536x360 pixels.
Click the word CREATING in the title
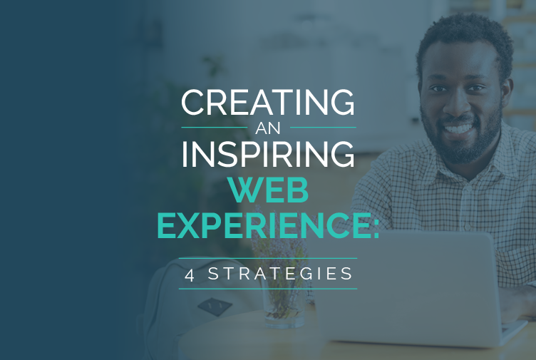[x=268, y=102]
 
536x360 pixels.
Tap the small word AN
[x=268, y=128]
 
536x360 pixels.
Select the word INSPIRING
[x=268, y=154]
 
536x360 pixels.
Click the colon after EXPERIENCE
[x=376, y=227]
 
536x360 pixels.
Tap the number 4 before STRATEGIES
[x=190, y=275]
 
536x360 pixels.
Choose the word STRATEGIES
[x=280, y=274]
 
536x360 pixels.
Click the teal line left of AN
[x=215, y=127]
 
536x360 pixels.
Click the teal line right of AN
[x=323, y=127]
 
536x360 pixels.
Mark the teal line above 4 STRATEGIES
[x=268, y=259]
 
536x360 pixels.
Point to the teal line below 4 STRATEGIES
[x=268, y=289]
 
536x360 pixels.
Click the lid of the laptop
[x=407, y=287]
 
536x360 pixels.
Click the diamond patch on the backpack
[x=215, y=307]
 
